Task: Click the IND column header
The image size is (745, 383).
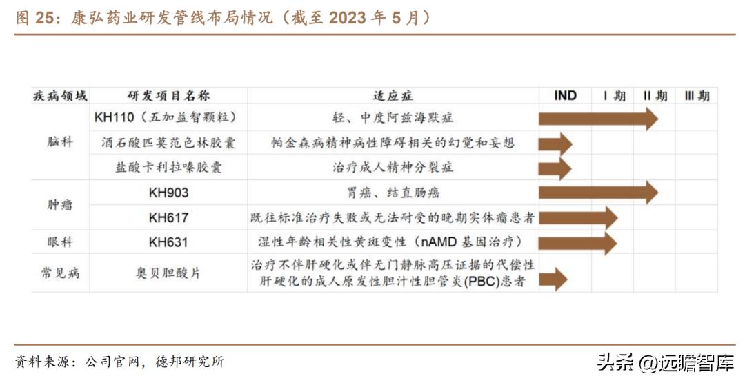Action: click(x=565, y=96)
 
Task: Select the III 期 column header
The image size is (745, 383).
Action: click(x=696, y=96)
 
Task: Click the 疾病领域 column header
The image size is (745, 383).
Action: click(x=60, y=96)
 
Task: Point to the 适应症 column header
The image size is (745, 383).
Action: click(x=393, y=96)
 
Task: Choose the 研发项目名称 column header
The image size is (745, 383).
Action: click(x=168, y=96)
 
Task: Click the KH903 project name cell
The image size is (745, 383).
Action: click(x=168, y=193)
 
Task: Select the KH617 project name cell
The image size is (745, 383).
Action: click(x=168, y=217)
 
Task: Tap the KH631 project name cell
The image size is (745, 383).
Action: click(x=168, y=242)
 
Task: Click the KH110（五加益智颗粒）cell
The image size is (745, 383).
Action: click(x=168, y=118)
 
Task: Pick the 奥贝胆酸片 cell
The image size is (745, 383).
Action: click(x=168, y=273)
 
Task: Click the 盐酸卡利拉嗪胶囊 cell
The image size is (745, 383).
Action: click(x=168, y=168)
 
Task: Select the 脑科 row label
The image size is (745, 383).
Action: click(x=60, y=142)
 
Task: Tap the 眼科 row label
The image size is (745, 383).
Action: click(x=60, y=242)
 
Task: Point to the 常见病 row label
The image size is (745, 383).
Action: click(x=60, y=273)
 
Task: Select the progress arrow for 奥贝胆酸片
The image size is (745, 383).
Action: click(x=553, y=279)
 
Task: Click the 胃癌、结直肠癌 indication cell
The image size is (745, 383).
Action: click(x=393, y=193)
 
